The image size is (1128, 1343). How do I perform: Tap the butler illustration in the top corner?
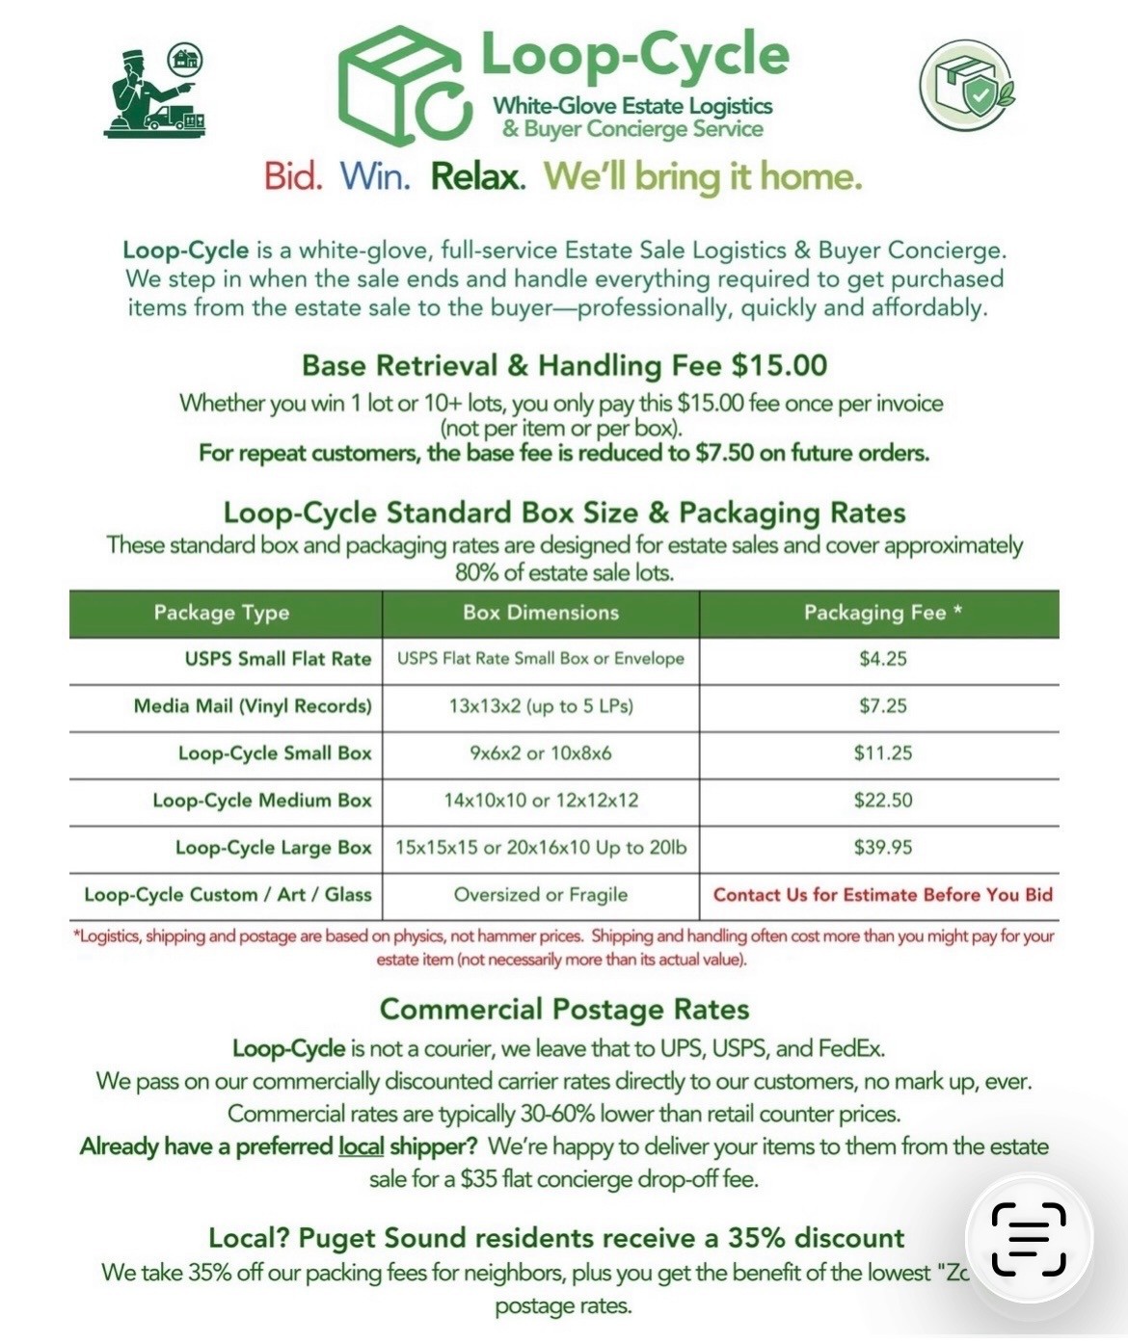[154, 92]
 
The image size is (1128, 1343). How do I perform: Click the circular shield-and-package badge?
[966, 85]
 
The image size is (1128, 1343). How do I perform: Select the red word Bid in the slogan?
[292, 176]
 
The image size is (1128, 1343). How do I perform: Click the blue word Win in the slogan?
[375, 176]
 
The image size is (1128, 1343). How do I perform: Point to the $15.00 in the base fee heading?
[779, 365]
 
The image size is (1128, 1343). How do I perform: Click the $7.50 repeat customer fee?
[724, 453]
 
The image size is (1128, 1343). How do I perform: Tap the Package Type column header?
[222, 613]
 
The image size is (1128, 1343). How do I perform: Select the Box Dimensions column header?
[541, 613]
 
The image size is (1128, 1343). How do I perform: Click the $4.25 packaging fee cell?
[883, 659]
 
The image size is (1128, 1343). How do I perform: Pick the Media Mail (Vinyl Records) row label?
[253, 706]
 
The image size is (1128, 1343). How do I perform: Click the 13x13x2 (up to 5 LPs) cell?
[541, 706]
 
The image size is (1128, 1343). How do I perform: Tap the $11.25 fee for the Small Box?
[883, 753]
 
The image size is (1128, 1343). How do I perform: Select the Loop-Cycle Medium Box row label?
[262, 801]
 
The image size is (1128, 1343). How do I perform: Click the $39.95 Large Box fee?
[883, 848]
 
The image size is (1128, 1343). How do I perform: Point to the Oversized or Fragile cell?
[541, 895]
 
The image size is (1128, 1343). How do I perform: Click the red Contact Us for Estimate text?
[882, 895]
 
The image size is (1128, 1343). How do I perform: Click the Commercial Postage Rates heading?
[564, 1009]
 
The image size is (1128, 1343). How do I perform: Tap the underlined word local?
[362, 1146]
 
